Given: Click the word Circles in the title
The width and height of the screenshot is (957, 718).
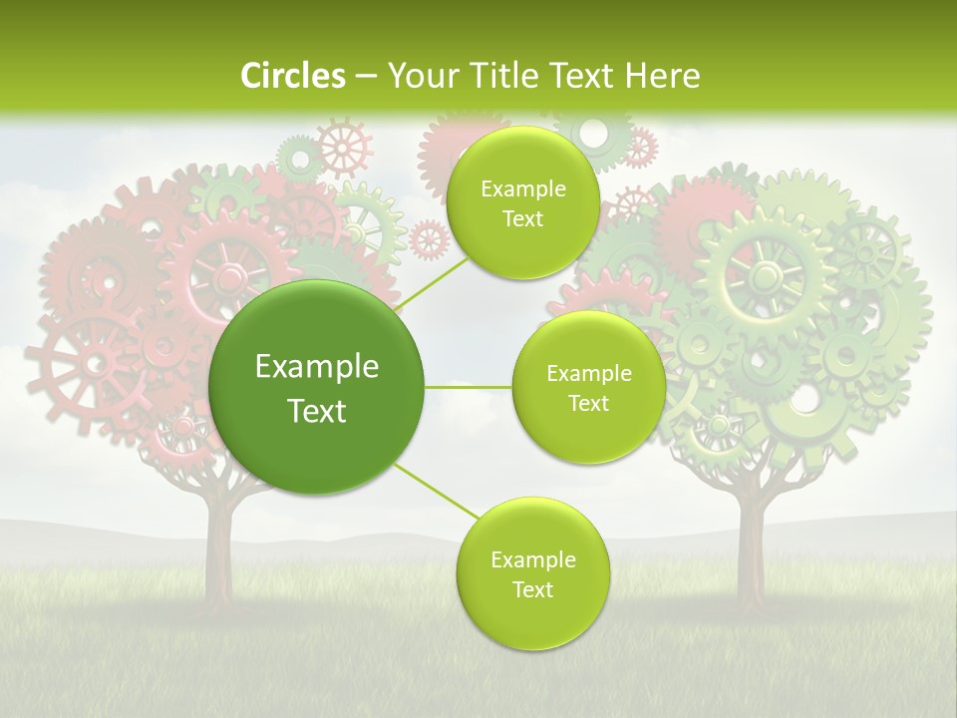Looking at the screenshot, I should (292, 76).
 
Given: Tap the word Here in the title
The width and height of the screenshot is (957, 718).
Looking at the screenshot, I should (662, 76).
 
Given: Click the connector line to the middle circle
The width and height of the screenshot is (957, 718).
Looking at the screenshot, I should (469, 387).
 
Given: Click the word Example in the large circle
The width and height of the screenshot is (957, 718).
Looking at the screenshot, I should (317, 367).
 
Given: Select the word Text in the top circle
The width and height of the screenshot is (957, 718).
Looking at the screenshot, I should (522, 219).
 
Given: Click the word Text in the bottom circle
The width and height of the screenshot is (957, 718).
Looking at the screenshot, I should (533, 589).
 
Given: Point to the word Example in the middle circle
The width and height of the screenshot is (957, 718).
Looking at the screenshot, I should (589, 374).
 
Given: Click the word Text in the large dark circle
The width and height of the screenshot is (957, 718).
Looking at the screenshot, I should (317, 411).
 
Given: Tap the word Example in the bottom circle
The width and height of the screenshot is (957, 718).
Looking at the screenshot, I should (533, 560).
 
